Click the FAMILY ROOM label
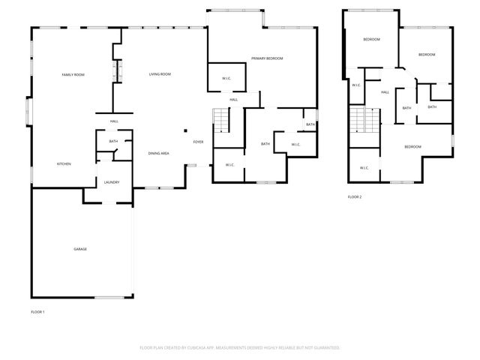(x=73, y=74)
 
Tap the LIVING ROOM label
(x=160, y=74)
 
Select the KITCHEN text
(x=64, y=163)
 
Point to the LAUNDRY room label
(x=112, y=181)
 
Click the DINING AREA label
(x=158, y=153)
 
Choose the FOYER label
(x=198, y=142)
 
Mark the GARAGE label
(x=79, y=249)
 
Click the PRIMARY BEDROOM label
(x=267, y=58)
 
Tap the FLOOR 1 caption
(x=37, y=311)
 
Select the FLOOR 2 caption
(x=355, y=196)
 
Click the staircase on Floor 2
(x=365, y=120)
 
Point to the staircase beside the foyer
(x=220, y=121)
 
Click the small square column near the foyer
(x=184, y=130)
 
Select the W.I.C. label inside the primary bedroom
(x=226, y=79)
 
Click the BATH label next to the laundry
(x=113, y=141)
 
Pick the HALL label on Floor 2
(x=385, y=92)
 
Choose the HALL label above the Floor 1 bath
(x=114, y=121)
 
